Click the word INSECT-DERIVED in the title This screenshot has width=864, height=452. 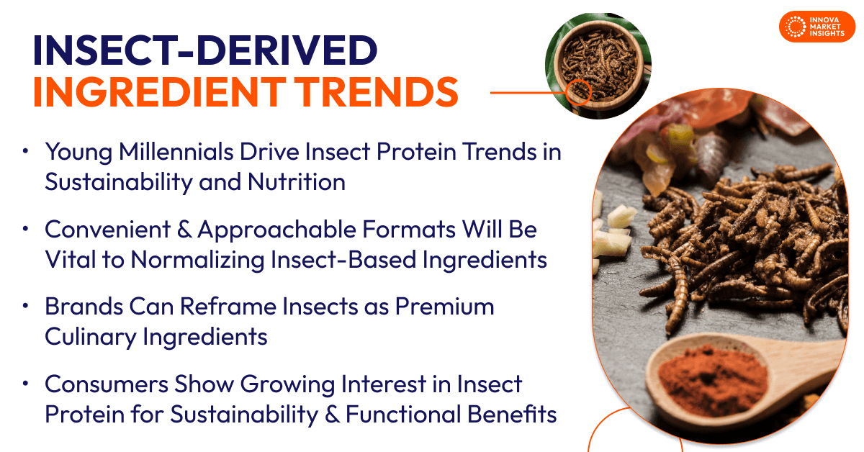pos(204,53)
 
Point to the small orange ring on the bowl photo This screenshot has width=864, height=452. pos(578,92)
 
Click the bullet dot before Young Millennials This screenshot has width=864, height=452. pos(26,152)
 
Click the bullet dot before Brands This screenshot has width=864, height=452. pos(26,307)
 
